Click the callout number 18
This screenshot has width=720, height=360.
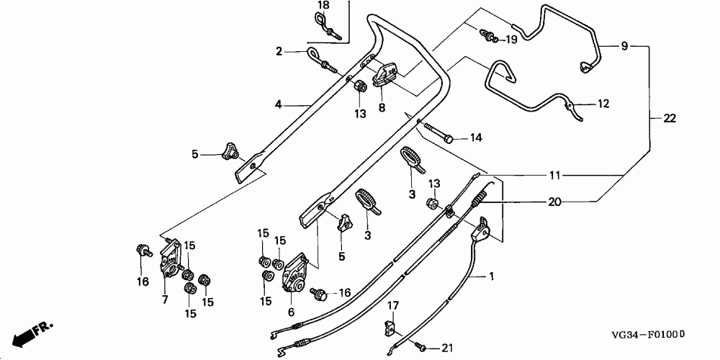pos(323,6)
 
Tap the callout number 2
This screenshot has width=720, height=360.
pos(279,52)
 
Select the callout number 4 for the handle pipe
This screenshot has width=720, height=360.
pos(278,104)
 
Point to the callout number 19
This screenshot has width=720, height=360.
pos(511,40)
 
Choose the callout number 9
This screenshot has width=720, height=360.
pos(624,46)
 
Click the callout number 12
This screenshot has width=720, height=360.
pos(603,104)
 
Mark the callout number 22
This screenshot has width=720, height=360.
pos(670,119)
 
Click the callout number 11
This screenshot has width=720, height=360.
pos(554,176)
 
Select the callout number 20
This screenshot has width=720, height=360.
pos(554,202)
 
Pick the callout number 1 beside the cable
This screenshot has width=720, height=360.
pos(491,276)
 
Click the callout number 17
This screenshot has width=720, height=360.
pos(393,305)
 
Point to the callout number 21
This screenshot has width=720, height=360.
pos(447,348)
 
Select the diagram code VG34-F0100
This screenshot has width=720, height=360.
pos(649,335)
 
